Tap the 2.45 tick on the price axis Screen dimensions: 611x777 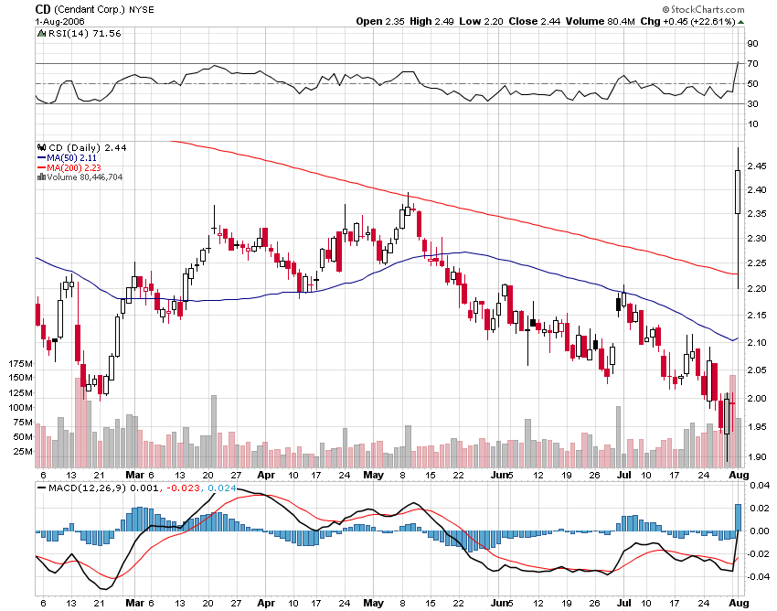pyautogui.click(x=756, y=166)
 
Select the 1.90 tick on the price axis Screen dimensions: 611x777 pyautogui.click(x=756, y=456)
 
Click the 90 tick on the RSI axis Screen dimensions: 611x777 pyautogui.click(x=752, y=43)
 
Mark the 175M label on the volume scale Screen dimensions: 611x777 pyautogui.click(x=17, y=364)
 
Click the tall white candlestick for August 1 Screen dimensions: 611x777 pyautogui.click(x=737, y=192)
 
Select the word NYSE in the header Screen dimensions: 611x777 pyautogui.click(x=142, y=9)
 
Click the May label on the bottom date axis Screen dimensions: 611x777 pyautogui.click(x=373, y=476)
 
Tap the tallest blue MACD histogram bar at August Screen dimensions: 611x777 pyautogui.click(x=737, y=518)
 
